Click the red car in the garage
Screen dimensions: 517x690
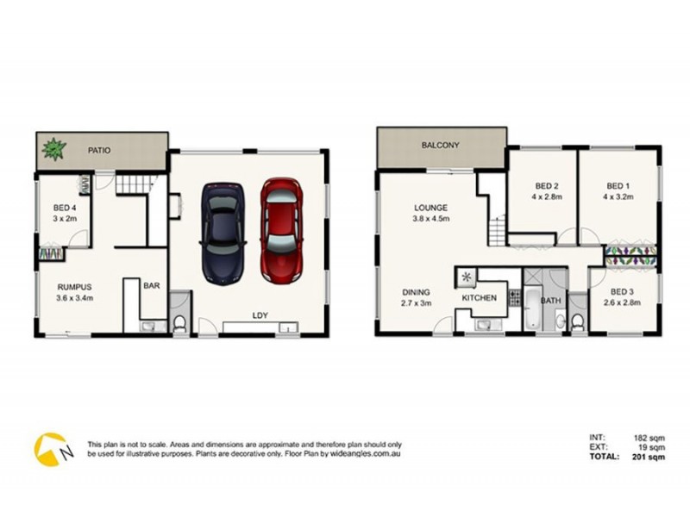[282, 232]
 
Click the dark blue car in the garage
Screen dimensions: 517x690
[223, 232]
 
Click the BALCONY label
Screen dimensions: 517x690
[440, 145]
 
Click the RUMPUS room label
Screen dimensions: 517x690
[74, 287]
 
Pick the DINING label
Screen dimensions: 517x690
[416, 292]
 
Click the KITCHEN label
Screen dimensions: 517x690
[480, 297]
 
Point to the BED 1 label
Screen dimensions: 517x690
[618, 186]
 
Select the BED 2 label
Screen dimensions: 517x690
[547, 186]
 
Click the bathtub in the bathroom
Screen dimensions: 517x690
[532, 313]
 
